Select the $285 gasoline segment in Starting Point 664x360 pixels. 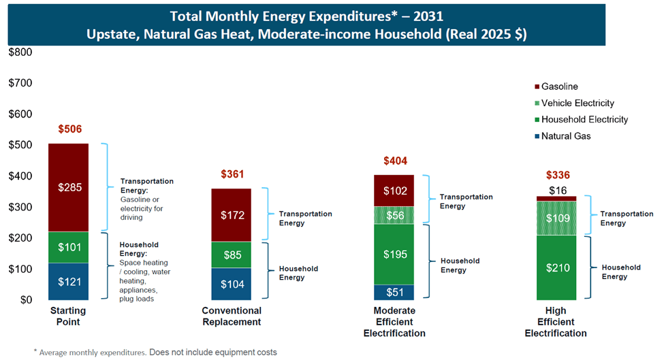click(68, 186)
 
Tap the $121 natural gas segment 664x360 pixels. click(68, 281)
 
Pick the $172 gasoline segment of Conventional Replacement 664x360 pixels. click(231, 215)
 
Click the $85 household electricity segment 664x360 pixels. click(231, 255)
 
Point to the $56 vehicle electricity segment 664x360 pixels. click(394, 214)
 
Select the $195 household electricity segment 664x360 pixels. click(394, 254)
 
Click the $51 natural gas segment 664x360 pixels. click(394, 293)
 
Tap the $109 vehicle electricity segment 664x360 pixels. click(556, 218)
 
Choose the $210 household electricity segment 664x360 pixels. click(556, 267)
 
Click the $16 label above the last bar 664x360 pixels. click(556, 190)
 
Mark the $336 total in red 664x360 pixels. click(556, 175)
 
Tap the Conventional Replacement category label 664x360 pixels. click(231, 316)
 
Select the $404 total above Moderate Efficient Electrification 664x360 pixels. click(394, 161)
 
